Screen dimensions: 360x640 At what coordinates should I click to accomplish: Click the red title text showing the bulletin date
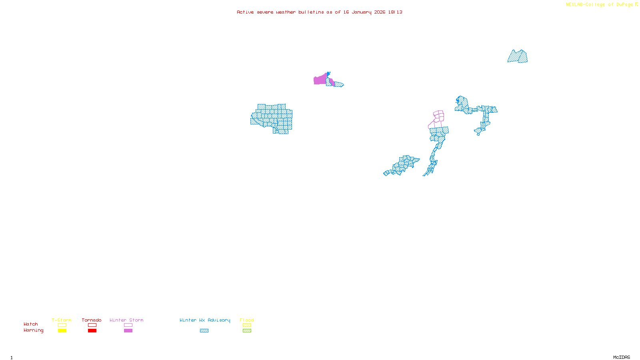(x=319, y=12)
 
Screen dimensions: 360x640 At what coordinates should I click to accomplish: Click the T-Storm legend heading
(x=62, y=320)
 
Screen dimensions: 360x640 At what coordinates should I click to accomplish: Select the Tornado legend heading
(x=92, y=320)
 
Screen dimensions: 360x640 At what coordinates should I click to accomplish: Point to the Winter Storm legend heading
(x=126, y=320)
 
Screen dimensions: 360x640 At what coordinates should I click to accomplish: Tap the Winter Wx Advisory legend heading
(x=205, y=320)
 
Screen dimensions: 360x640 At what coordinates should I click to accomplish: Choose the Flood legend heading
(x=247, y=320)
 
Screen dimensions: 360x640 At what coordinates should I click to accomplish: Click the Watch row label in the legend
(x=31, y=324)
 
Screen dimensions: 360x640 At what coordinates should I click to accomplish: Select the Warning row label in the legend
(x=34, y=330)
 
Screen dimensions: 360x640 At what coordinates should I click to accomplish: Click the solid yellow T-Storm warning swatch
(x=62, y=331)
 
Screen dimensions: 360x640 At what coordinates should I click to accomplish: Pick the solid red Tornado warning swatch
(x=92, y=331)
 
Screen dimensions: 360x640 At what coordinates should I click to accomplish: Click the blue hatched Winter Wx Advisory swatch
(x=204, y=331)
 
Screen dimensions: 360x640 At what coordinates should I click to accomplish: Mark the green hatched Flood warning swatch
(x=247, y=331)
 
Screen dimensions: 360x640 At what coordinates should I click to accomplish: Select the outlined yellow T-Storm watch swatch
(x=62, y=325)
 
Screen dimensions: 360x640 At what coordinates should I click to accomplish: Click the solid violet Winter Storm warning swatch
(x=128, y=331)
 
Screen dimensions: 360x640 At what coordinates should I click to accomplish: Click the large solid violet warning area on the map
(x=320, y=80)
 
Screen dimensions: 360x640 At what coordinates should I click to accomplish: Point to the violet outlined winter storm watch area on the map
(x=438, y=116)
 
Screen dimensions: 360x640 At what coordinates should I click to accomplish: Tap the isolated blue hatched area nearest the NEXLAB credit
(x=518, y=57)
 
